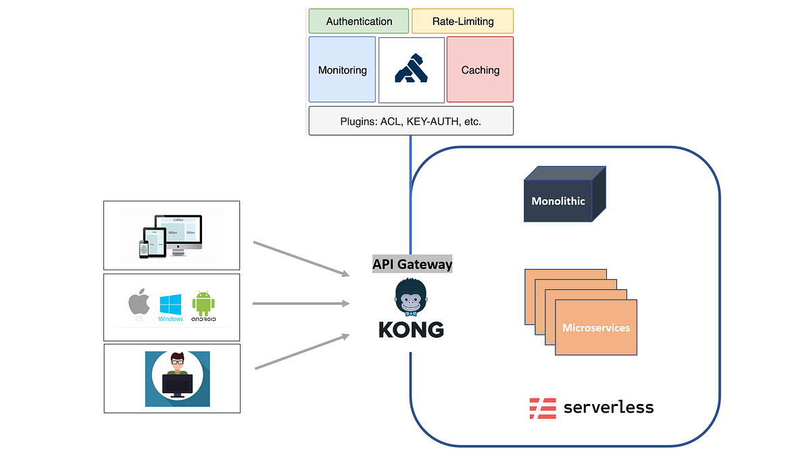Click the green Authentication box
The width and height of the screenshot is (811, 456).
click(359, 21)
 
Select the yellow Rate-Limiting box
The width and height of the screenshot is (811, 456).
click(462, 21)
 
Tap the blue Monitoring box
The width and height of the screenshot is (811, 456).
click(342, 70)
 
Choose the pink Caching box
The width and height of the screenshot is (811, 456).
click(480, 70)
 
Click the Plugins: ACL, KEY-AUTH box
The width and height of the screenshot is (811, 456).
click(410, 122)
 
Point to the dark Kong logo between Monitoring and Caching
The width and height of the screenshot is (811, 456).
click(412, 70)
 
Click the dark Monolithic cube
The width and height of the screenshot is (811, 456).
click(558, 200)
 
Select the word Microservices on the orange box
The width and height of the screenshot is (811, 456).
click(596, 328)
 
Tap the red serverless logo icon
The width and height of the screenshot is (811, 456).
click(542, 407)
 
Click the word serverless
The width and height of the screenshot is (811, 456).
click(608, 407)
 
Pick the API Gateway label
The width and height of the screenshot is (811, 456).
click(412, 264)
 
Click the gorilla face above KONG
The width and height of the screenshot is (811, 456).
click(411, 297)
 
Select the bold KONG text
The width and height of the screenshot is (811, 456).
click(411, 330)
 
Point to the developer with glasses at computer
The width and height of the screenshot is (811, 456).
click(177, 377)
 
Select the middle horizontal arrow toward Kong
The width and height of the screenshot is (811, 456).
click(301, 303)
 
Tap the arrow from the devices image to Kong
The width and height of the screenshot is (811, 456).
click(301, 257)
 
